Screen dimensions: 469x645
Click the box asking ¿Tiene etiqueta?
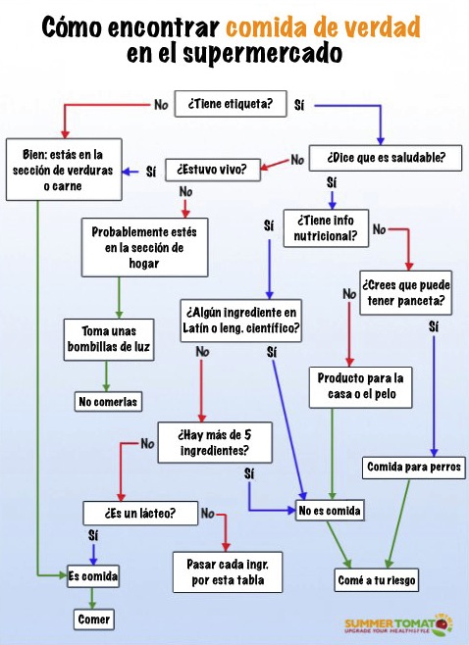tap(231, 104)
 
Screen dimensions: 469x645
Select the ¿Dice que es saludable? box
tap(386, 158)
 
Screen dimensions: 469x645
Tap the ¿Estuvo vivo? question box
tap(213, 170)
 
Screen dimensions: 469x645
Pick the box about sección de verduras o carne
tap(64, 170)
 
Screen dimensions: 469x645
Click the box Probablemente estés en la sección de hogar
tap(144, 247)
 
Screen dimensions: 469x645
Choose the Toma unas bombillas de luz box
tap(109, 339)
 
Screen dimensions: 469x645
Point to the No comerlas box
tap(108, 402)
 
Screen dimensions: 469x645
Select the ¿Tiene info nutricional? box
tap(326, 228)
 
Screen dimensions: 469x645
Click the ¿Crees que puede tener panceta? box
tap(405, 293)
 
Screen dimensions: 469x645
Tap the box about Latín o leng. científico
tap(241, 321)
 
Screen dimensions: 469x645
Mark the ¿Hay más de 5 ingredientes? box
tap(215, 442)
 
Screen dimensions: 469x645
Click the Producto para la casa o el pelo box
tap(360, 387)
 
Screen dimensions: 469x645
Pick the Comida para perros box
tap(413, 468)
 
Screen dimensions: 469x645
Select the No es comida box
tap(330, 511)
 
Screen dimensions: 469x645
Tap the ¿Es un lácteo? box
tap(140, 513)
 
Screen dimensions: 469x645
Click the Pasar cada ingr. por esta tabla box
tap(228, 572)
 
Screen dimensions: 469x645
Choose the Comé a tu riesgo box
tap(377, 580)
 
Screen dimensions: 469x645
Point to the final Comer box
tap(94, 620)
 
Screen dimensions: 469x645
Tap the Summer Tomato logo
tap(398, 625)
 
